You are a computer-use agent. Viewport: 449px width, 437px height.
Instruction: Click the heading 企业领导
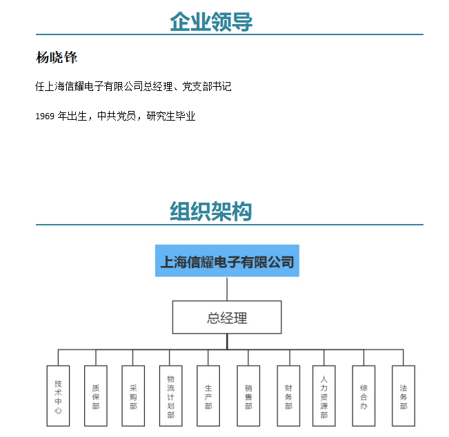[211, 22]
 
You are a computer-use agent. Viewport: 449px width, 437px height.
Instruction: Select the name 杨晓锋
[57, 57]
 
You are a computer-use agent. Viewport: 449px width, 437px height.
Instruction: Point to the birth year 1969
[45, 116]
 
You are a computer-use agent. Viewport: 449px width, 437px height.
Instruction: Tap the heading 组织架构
[211, 212]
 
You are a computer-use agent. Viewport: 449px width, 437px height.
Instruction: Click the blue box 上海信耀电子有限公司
[227, 261]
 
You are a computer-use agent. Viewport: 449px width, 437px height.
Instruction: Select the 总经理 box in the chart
[227, 317]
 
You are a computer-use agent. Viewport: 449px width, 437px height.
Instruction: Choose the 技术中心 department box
[58, 396]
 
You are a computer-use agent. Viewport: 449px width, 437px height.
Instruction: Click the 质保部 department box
[96, 396]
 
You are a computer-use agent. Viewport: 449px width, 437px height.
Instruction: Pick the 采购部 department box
[133, 396]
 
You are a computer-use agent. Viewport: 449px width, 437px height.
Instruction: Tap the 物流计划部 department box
[170, 396]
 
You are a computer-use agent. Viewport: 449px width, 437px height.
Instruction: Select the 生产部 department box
[208, 396]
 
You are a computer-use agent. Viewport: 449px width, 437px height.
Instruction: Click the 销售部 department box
[248, 396]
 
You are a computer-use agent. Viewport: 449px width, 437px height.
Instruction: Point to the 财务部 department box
[288, 396]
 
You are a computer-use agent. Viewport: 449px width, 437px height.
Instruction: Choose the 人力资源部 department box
[324, 396]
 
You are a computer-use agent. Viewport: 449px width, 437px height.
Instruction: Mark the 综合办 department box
[363, 396]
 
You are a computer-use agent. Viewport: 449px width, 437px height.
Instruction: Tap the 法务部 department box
[403, 396]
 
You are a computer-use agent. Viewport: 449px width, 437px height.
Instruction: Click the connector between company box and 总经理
[227, 289]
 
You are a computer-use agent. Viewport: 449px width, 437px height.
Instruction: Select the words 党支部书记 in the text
[207, 86]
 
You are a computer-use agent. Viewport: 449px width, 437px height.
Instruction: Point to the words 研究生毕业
[171, 116]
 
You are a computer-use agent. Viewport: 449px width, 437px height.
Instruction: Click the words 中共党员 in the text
[117, 116]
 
